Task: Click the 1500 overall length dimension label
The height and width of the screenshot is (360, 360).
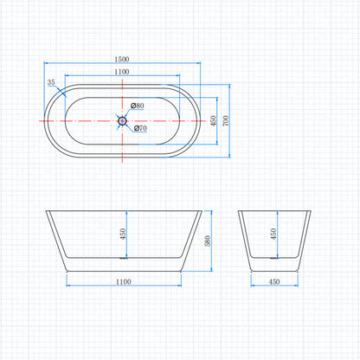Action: click(122, 59)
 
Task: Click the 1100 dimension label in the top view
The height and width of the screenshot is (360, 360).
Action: click(122, 72)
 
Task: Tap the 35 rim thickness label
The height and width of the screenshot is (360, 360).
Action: click(51, 82)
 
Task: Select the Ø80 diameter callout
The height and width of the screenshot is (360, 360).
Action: click(137, 106)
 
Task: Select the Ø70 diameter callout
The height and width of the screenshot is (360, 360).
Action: click(140, 128)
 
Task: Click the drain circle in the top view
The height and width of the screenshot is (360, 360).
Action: click(122, 121)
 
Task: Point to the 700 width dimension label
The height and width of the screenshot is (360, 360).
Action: click(226, 120)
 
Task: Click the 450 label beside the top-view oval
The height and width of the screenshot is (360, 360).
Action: click(213, 121)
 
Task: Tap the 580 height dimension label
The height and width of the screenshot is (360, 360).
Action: click(207, 241)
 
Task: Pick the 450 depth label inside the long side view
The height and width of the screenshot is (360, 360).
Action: click(123, 234)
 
